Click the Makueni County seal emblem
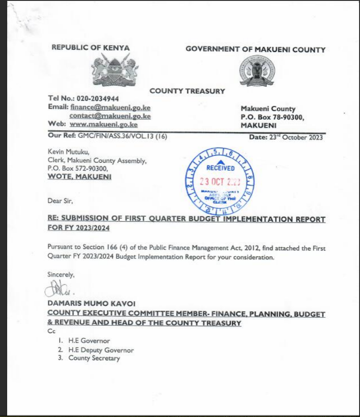coord(257,70)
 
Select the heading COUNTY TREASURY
coord(187,91)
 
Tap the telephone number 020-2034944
coord(98,98)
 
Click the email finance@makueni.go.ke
coord(110,107)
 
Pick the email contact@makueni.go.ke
coord(110,116)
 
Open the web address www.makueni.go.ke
coord(104,125)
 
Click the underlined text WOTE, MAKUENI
coord(80,177)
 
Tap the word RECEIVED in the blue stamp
coord(220,168)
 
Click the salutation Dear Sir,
coord(59,201)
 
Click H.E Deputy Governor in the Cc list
coord(101,350)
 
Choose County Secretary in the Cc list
coord(94,358)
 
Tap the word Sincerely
coord(61,275)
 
